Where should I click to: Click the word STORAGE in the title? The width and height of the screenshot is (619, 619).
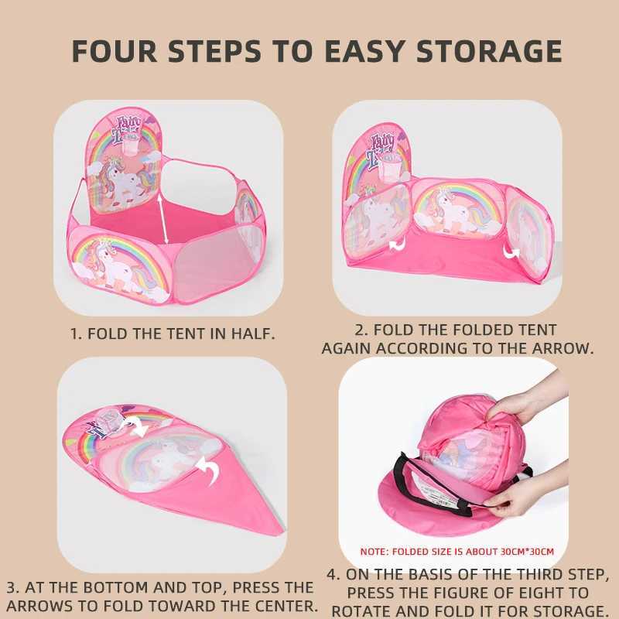pos(489,51)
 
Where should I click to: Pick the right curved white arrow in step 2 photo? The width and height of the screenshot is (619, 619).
pos(511,251)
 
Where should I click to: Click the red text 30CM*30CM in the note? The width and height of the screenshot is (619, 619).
pos(527,552)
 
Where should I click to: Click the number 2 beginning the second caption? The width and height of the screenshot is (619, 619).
pos(359,330)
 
